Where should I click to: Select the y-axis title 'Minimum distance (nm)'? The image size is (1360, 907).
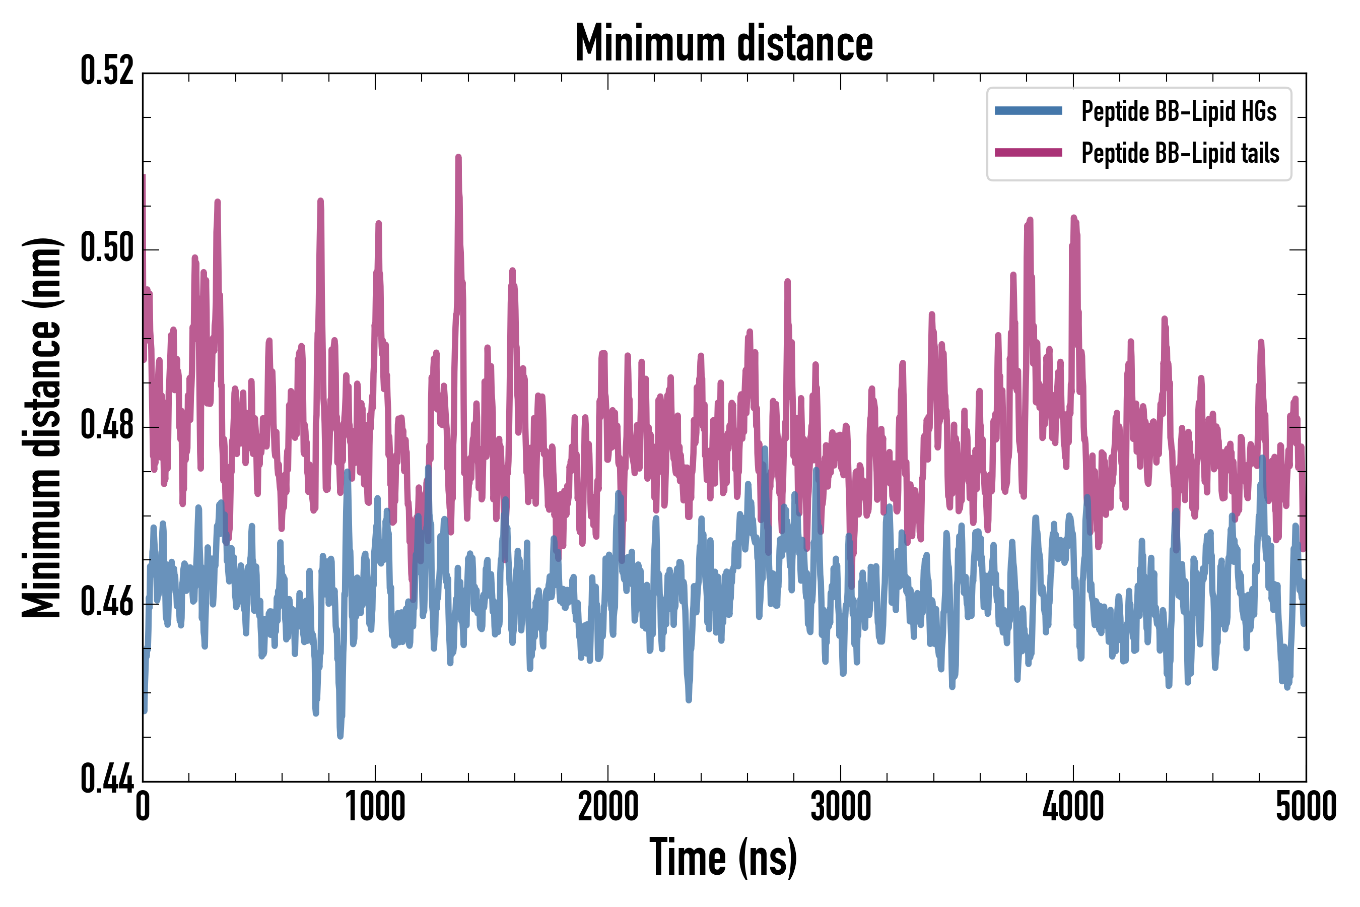click(x=42, y=427)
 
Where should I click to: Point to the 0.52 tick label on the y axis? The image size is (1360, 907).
click(x=107, y=72)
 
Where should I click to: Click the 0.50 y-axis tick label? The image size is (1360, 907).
click(x=107, y=249)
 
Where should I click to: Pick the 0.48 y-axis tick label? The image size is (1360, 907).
click(x=107, y=426)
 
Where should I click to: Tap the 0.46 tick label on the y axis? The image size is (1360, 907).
click(x=107, y=603)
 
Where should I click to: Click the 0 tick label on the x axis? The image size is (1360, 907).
click(x=143, y=807)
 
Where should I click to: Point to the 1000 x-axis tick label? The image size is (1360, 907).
click(x=375, y=807)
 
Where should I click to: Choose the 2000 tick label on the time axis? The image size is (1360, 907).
click(x=608, y=807)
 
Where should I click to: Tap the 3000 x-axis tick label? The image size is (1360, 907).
click(x=841, y=807)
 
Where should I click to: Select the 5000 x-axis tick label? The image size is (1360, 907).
click(x=1306, y=807)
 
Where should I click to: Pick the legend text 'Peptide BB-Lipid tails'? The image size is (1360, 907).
click(x=1180, y=153)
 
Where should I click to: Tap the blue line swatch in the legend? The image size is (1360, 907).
click(x=1028, y=111)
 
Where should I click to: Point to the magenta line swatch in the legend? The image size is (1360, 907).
click(x=1028, y=153)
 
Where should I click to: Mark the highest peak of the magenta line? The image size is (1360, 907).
click(x=458, y=157)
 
